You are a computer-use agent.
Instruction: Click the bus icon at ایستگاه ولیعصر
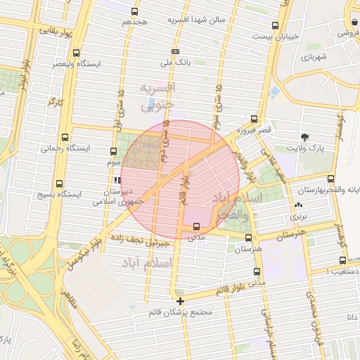76,53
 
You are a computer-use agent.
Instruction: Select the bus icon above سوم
114,151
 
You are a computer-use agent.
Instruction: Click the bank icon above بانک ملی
175,52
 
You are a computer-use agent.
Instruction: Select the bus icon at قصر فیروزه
254,120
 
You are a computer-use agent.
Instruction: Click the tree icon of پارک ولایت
304,136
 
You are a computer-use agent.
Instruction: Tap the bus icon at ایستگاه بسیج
61,181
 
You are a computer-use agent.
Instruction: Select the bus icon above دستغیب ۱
342,259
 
